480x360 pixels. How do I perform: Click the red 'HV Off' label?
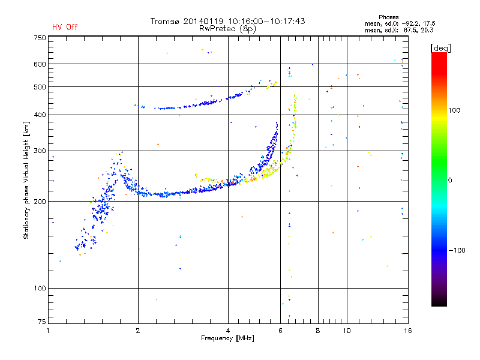pos(65,27)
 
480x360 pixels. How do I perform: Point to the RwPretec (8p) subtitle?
pos(227,29)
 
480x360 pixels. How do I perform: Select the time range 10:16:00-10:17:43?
pos(266,21)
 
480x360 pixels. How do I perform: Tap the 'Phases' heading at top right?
pos(388,17)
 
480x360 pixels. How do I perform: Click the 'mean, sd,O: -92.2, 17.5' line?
pos(400,23)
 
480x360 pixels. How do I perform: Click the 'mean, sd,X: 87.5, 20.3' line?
pos(399,30)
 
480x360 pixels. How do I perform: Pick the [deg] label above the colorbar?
pos(440,48)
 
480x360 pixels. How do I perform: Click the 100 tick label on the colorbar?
pos(454,110)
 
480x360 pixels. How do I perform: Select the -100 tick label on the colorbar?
pos(457,250)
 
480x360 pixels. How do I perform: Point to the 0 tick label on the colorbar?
pos(450,180)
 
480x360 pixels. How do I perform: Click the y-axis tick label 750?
pos(40,38)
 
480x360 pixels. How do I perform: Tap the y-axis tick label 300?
pos(40,151)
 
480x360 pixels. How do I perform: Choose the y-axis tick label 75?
pos(42,322)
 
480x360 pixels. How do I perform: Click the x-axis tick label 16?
pos(408,331)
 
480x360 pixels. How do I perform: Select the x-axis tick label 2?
pos(138,331)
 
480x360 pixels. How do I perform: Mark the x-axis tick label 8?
pos(318,331)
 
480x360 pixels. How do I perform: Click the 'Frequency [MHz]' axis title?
pos(227,338)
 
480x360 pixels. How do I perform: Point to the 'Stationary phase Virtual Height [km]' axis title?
pos(26,180)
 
